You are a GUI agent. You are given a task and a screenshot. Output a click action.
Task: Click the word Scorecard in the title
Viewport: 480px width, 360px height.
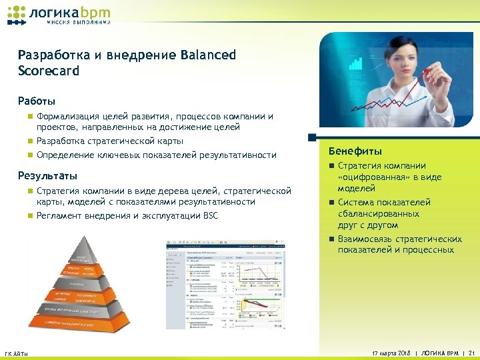click(49, 70)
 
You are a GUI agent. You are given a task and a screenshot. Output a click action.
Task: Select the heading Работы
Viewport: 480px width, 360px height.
click(37, 101)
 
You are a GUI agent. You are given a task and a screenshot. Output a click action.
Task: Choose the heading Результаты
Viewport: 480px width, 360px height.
click(48, 177)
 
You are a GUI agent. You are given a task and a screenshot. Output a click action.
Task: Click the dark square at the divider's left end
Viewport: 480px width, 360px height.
click(311, 138)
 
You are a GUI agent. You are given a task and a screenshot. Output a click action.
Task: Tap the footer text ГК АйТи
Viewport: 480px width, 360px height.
click(16, 353)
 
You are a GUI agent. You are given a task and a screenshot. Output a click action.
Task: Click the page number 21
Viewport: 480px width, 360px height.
click(471, 353)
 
